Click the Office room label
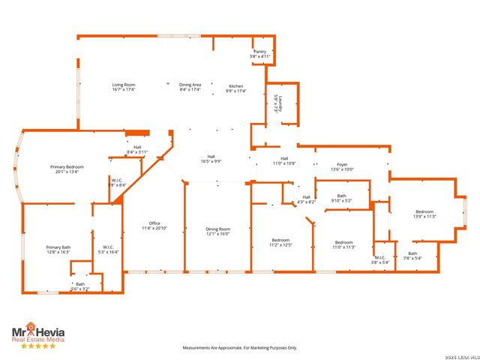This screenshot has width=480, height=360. [x=154, y=226]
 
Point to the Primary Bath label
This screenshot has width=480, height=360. [x=58, y=250]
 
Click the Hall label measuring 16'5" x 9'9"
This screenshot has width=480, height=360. [x=211, y=159]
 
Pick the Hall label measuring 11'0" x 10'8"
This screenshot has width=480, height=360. [x=284, y=160]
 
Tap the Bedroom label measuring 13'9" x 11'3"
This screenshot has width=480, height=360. [x=425, y=214]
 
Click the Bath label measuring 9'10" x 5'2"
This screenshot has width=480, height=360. [x=341, y=199]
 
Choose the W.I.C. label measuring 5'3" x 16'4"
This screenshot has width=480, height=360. [x=106, y=250]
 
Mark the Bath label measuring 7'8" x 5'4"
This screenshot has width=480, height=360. [x=412, y=256]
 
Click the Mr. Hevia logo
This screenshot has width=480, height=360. [x=37, y=334]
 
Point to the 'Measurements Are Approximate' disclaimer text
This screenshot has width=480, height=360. [x=240, y=347]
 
